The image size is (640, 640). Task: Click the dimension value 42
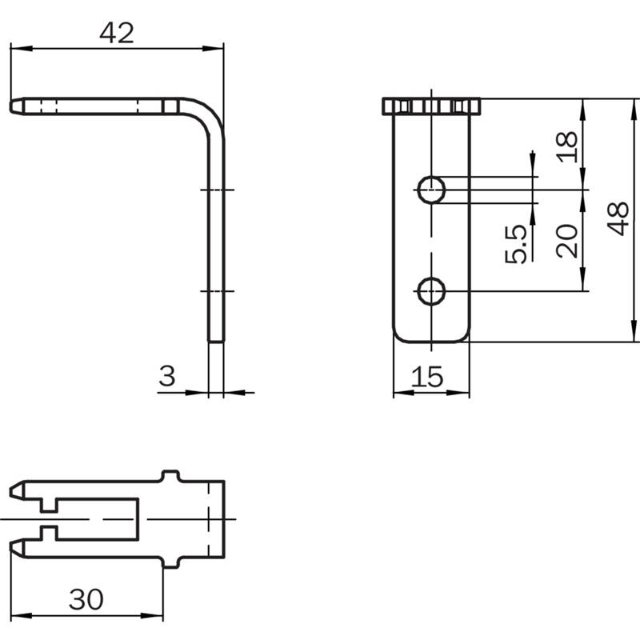click(x=117, y=33)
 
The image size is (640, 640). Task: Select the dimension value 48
click(x=618, y=218)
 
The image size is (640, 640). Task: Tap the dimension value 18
click(x=567, y=147)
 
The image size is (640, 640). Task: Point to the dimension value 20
click(x=567, y=241)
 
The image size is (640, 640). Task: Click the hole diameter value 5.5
click(x=515, y=244)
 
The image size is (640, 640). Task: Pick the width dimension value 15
click(x=427, y=376)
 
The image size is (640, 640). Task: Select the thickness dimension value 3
click(x=167, y=376)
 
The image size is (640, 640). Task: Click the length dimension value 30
click(x=86, y=599)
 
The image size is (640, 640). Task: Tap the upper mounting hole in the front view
click(x=431, y=190)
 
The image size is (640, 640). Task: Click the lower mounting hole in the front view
click(x=431, y=291)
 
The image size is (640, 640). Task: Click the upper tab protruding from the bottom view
click(x=170, y=476)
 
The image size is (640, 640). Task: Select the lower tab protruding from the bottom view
click(x=170, y=562)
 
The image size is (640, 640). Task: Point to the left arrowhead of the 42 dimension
click(x=22, y=49)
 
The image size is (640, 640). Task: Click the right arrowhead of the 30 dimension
click(x=152, y=615)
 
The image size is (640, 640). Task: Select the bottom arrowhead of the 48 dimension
click(x=634, y=330)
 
